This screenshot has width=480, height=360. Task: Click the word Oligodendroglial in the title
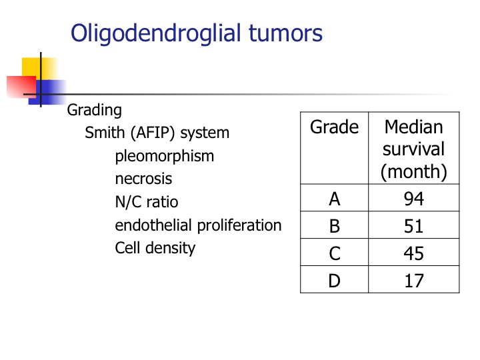(156, 33)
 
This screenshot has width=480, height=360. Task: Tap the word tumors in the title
(285, 33)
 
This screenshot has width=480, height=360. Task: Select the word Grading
(94, 111)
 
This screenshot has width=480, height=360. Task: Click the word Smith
(105, 133)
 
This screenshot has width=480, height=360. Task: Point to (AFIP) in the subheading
(153, 133)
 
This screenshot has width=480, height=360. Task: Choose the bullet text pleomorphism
(165, 157)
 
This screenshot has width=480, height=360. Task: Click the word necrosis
(143, 179)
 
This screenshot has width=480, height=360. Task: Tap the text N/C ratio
(147, 202)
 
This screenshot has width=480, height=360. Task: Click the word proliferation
(239, 225)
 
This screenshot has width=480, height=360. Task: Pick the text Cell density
(155, 248)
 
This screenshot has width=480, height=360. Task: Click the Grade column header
(334, 127)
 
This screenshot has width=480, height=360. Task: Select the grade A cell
(335, 199)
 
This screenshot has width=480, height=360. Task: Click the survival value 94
(414, 199)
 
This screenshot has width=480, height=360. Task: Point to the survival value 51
(413, 226)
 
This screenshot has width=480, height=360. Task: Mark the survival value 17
(414, 281)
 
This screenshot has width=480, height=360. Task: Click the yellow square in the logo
(39, 68)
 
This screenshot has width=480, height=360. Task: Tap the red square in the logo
(21, 87)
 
